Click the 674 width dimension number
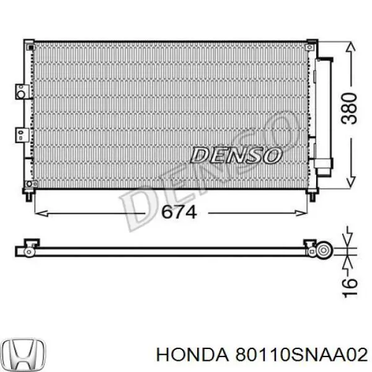(x=179, y=212)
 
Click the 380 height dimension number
(x=348, y=108)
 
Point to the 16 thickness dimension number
(x=350, y=288)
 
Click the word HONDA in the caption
(x=193, y=355)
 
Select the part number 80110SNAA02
(x=302, y=355)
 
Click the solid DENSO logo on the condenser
(x=236, y=156)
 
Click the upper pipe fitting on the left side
(x=22, y=92)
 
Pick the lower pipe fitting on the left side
(x=22, y=135)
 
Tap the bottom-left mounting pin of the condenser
(x=29, y=195)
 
